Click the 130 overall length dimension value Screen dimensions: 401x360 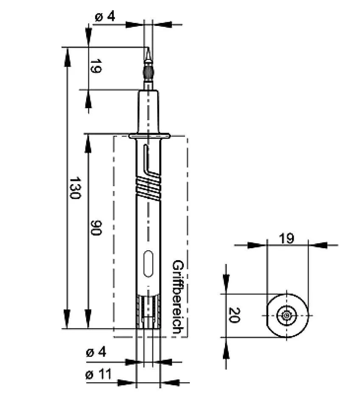pyautogui.click(x=75, y=188)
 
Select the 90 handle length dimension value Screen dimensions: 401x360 pyautogui.click(x=96, y=228)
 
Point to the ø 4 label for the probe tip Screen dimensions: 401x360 pyautogui.click(x=104, y=17)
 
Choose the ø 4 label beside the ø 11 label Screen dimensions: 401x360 pyautogui.click(x=96, y=352)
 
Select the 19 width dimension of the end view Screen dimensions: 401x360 pyautogui.click(x=287, y=238)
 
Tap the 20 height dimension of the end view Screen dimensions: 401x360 pyautogui.click(x=233, y=315)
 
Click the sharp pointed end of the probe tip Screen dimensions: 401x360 pyautogui.click(x=148, y=50)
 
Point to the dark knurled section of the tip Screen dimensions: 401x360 pyautogui.click(x=148, y=73)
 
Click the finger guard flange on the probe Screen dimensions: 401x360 pyautogui.click(x=149, y=136)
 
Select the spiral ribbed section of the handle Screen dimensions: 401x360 pyautogui.click(x=148, y=186)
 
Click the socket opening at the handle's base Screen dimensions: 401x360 pyautogui.click(x=148, y=314)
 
